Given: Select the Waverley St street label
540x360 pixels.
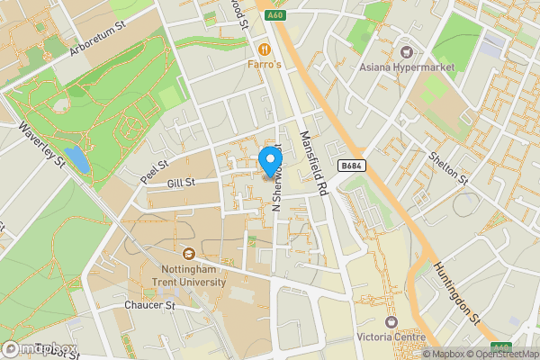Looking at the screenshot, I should [42, 144].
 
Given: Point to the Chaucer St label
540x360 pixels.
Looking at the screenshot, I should [148, 306].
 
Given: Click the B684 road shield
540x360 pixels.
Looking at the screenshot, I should [352, 166].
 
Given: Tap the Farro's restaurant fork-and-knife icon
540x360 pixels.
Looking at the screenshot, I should [265, 49].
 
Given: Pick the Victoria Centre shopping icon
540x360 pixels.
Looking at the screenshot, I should [391, 321].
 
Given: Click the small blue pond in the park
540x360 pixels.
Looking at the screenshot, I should [78, 160].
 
